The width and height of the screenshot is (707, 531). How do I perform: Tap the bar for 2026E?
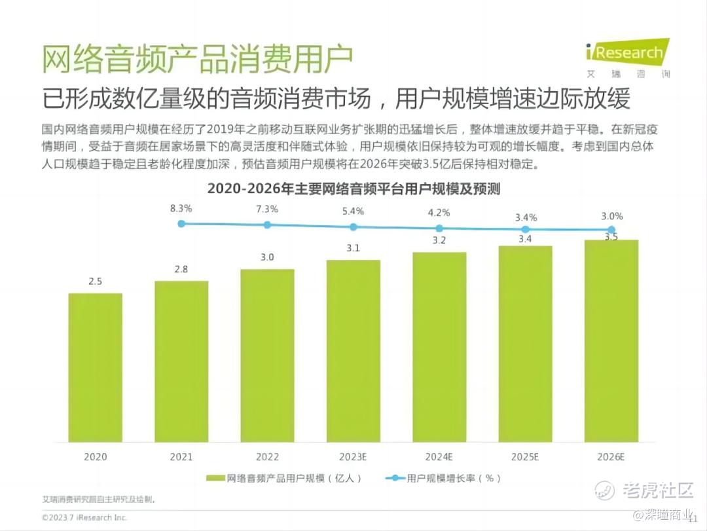(611, 340)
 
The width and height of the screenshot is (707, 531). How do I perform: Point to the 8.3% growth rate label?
(181, 209)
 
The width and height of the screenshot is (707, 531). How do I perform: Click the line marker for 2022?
(267, 225)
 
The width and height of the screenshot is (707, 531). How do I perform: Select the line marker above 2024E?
(439, 229)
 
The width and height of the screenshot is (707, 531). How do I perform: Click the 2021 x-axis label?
(181, 457)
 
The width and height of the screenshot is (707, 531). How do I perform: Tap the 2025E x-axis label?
(524, 457)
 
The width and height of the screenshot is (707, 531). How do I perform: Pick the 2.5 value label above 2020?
(96, 282)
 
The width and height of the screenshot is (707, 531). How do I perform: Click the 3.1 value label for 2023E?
(353, 248)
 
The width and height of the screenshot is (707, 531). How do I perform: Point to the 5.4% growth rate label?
(353, 211)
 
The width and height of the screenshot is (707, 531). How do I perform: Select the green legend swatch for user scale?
(215, 479)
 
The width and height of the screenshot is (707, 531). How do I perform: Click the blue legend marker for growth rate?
(395, 479)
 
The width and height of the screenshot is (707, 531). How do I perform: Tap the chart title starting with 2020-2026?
(353, 189)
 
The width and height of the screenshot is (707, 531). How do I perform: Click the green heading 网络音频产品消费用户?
(197, 60)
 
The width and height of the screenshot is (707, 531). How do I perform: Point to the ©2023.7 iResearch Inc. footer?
(84, 517)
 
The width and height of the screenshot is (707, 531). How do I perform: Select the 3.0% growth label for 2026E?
(611, 216)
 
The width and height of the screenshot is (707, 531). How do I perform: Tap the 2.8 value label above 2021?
(181, 269)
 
